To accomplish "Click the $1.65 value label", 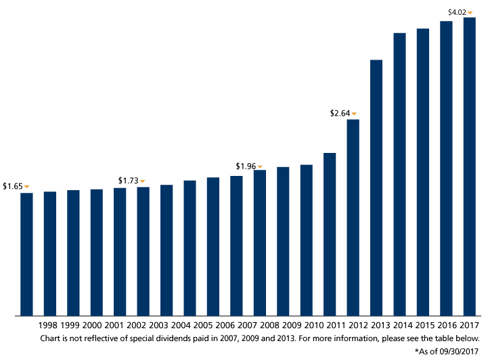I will click(13, 186).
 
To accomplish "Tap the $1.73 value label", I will click(128, 180).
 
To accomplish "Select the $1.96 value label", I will click(245, 166).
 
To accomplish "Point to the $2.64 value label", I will click(339, 114).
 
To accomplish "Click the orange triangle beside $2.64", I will click(353, 114).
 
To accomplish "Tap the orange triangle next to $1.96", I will click(259, 166).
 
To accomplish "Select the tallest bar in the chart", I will click(469, 166).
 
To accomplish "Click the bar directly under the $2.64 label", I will click(353, 217).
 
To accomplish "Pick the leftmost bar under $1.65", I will click(27, 254).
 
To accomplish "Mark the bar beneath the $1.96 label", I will click(259, 243).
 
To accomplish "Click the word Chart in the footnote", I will click(49, 337).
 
